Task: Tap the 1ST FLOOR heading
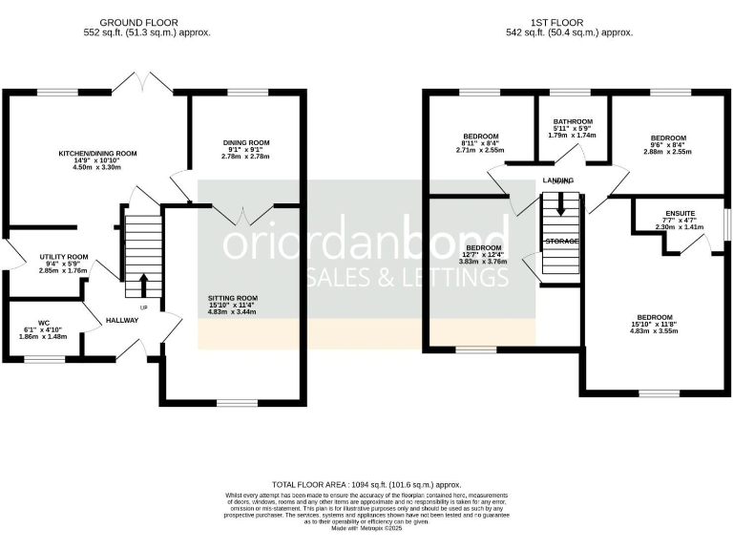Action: tap(569, 23)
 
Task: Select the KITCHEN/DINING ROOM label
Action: tap(98, 153)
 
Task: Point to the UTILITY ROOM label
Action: tap(64, 257)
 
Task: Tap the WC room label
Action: tap(43, 322)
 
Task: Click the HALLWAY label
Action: tap(122, 320)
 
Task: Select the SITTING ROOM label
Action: tap(233, 298)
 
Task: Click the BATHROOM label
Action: tap(574, 122)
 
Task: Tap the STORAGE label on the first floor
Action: tap(561, 242)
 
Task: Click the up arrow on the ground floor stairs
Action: tap(144, 284)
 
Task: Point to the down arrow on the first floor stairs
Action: tap(561, 203)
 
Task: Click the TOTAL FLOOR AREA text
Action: tap(366, 485)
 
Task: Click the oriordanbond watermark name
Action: tap(366, 243)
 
